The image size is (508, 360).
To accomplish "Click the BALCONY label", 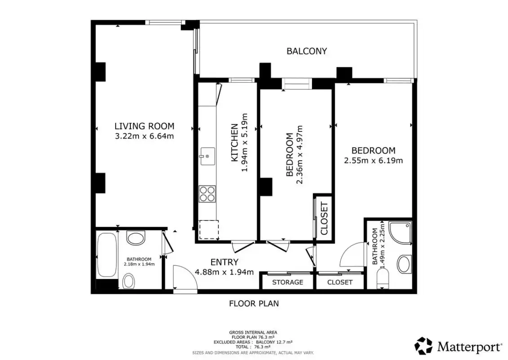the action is point(307,51).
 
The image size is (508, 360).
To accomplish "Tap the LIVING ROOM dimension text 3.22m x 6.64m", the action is point(144,136).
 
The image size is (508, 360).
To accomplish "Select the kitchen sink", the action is point(207,156).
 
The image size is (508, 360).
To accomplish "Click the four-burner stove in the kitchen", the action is point(207,194).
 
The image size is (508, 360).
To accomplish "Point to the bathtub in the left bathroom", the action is point(107,255).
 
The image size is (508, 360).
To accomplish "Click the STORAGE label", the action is point(288,282).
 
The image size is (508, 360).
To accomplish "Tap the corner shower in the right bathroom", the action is point(400,233).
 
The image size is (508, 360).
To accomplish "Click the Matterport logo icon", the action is point(423,346).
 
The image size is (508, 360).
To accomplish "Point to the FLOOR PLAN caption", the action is point(254,304).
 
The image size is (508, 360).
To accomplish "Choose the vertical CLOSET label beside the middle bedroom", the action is point(324,218).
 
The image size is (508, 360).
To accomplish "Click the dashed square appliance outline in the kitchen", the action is point(209,230).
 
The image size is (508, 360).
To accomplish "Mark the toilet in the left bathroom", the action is point(129,281).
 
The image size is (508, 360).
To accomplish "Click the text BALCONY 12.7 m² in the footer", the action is point(274,342).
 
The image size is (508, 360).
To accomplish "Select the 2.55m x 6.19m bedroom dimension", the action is point(373,161).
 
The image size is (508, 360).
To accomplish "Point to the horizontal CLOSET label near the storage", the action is point(340,282).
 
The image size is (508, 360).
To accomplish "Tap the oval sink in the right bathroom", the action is point(404,264).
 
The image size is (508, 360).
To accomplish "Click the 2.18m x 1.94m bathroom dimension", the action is point(139,264).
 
